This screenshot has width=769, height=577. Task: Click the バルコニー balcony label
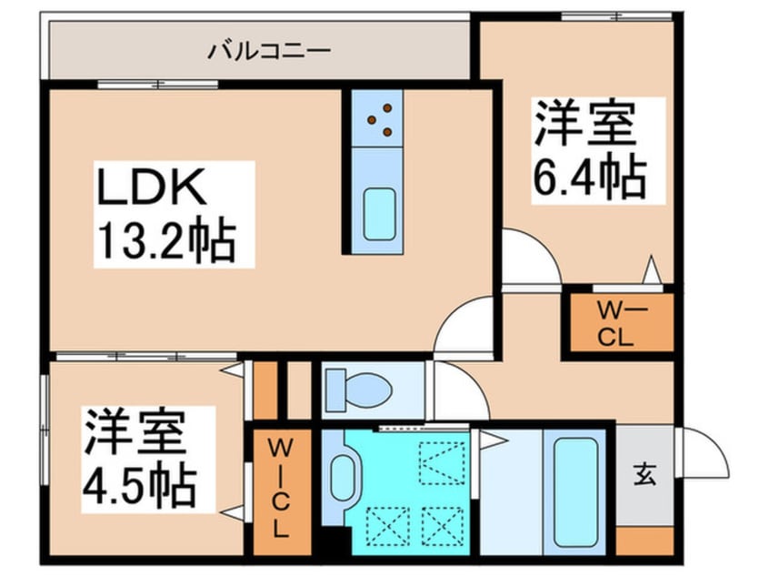pos(257,49)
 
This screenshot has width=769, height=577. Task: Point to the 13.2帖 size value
pos(166,241)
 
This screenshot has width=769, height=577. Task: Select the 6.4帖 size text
pos(589,177)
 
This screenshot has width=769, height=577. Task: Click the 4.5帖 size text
pos(140,487)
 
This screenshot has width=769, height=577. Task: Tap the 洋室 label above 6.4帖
pos(584,124)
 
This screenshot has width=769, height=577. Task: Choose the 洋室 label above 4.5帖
pos(136,432)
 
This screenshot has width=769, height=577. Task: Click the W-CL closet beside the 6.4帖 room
pos(621,323)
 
